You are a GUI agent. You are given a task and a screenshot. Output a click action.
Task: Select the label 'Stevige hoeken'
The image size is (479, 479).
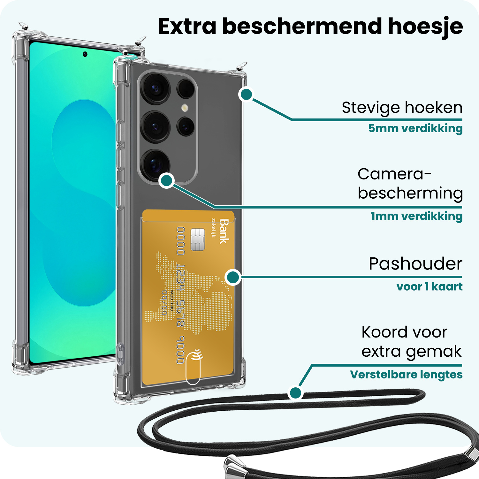click(402, 108)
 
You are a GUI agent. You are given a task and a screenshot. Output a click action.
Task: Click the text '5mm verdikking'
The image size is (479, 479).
click(415, 128)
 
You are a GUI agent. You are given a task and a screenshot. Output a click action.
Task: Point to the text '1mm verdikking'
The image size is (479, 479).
click(416, 216)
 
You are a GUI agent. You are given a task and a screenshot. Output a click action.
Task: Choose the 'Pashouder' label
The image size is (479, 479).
click(415, 264)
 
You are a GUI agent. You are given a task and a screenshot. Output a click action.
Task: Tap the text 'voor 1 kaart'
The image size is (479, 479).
click(429, 286)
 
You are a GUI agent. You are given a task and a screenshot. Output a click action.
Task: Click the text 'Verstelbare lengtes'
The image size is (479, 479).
click(406, 374)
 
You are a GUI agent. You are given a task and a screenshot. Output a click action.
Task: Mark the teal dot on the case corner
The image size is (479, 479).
click(246, 94)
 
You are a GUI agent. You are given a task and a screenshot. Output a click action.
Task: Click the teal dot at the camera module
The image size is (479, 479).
click(167, 180)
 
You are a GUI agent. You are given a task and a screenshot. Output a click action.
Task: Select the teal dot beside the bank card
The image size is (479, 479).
click(233, 277)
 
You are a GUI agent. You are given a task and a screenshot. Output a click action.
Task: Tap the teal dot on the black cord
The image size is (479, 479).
click(295, 392)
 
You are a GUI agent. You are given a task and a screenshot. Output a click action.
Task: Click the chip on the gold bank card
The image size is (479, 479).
click(197, 240)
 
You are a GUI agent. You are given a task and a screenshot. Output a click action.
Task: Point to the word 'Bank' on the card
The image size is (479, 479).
click(224, 231)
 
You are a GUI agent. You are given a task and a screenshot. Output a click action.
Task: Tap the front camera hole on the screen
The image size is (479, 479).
click(85, 54)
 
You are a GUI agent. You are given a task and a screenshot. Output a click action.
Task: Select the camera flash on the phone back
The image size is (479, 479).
click(185, 108)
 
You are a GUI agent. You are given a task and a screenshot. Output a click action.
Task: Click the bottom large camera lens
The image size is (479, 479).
click(156, 164)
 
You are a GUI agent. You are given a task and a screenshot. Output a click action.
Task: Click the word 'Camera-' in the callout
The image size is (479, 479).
click(394, 174)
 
